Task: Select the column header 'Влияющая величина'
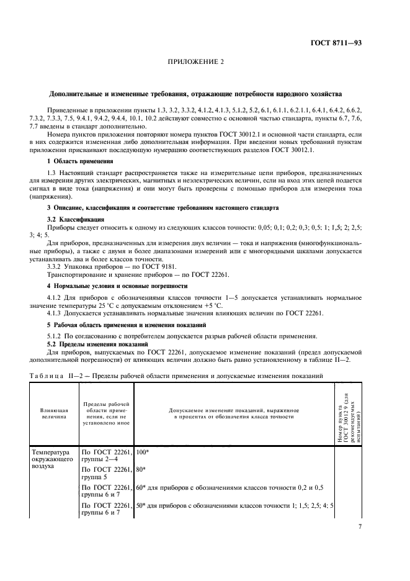pyautogui.click(x=54, y=414)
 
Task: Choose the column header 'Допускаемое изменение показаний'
pyautogui.click(x=234, y=414)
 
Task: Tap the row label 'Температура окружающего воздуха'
pyautogui.click(x=54, y=460)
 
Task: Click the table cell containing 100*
pyautogui.click(x=142, y=453)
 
